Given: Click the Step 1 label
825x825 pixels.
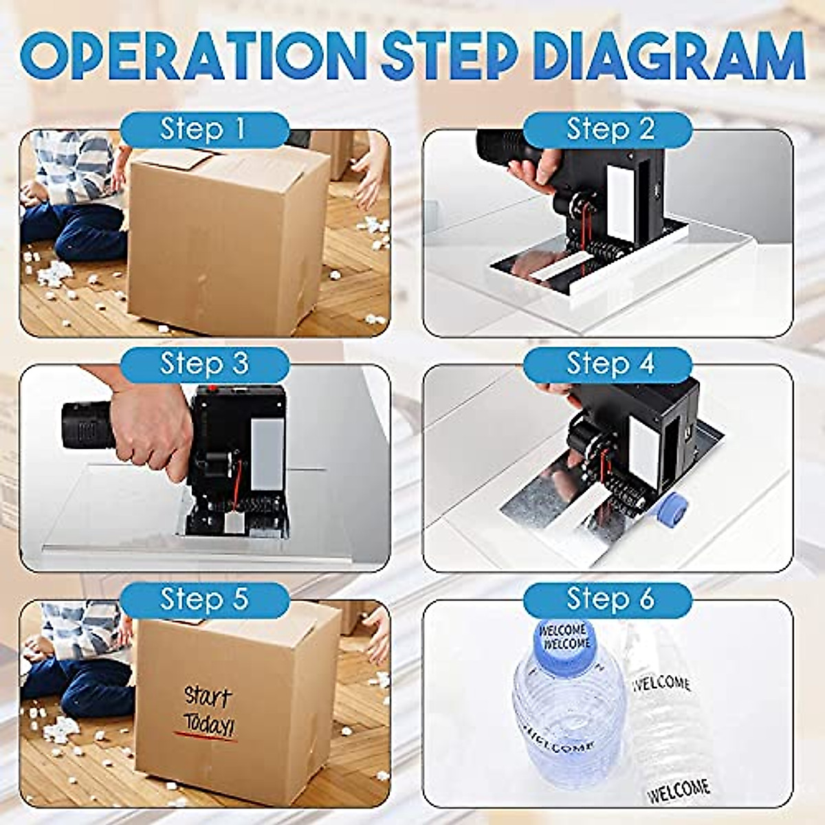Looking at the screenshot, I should coord(203,129).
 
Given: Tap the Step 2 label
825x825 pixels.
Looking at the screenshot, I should coord(609,129).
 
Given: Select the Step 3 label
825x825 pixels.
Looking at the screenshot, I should coord(203,364).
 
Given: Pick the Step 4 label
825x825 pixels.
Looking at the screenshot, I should coord(609,364).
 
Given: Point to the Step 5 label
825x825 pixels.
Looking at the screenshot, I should coord(203,599).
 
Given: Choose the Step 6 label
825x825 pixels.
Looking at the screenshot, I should coord(609,599).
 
